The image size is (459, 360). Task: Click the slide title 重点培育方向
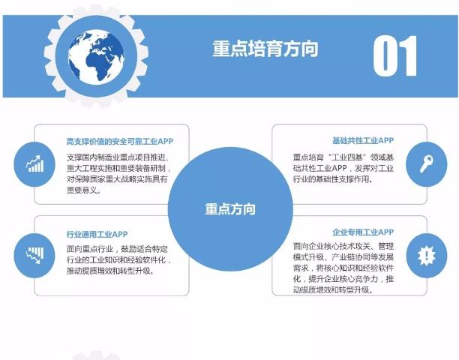coord(265,49)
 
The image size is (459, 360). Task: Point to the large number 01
coord(395,55)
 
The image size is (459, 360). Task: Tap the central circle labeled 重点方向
coord(229,209)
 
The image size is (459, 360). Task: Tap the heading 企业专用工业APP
coord(363,233)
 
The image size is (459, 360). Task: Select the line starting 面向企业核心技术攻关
coord(343,244)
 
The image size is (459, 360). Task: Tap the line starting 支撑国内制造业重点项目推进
coord(118,157)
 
